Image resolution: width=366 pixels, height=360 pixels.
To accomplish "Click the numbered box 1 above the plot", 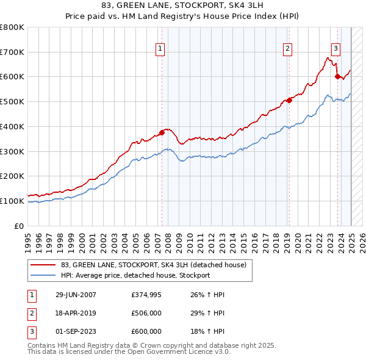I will [159, 49].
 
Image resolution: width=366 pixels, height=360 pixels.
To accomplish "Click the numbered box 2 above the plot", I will [287, 49].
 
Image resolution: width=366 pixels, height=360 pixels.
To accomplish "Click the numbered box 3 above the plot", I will [335, 49].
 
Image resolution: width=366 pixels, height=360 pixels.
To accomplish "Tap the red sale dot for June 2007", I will [162, 132].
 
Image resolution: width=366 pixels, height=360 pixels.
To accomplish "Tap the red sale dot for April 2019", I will [289, 101].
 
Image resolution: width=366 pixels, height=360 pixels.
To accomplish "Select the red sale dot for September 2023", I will [337, 76].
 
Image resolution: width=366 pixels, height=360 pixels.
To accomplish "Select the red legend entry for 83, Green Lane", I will [153, 265].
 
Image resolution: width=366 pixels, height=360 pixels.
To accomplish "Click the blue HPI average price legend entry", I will [135, 275].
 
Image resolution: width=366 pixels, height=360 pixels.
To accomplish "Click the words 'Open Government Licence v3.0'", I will [191, 352].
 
